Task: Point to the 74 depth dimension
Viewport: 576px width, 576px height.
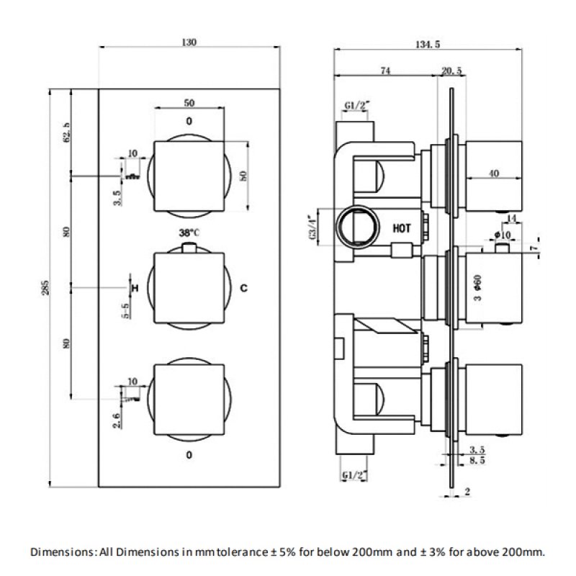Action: click(x=385, y=70)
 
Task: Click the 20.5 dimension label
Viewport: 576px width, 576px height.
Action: click(x=451, y=70)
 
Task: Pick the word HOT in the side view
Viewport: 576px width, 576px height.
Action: click(x=402, y=228)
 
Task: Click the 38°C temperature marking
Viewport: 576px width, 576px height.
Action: click(x=189, y=233)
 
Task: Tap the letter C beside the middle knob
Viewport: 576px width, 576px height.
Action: click(x=243, y=288)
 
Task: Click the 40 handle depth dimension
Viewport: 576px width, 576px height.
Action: click(x=494, y=173)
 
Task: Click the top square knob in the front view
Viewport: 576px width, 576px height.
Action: click(x=189, y=177)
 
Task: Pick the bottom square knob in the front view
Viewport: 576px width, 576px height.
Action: click(x=189, y=400)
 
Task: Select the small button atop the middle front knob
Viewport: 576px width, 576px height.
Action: click(x=189, y=248)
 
